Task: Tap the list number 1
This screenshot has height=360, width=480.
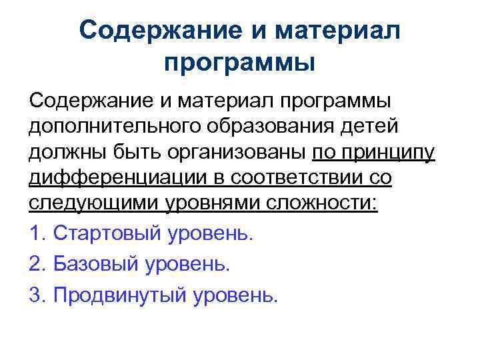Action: (37, 234)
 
